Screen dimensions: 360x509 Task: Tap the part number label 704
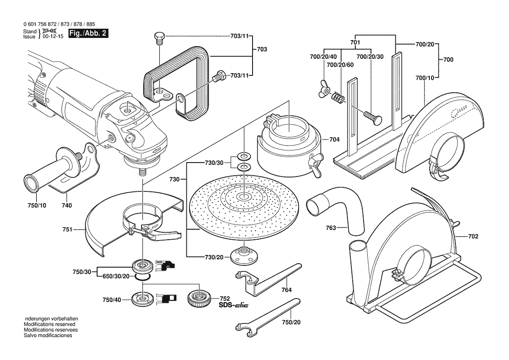pyautogui.click(x=334, y=140)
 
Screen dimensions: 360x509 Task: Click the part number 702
pyautogui.click(x=473, y=237)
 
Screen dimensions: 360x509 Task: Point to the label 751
pyautogui.click(x=67, y=228)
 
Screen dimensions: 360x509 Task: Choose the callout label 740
pyautogui.click(x=67, y=205)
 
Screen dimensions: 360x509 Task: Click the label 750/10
pyautogui.click(x=37, y=205)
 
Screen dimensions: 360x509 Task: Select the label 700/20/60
pyautogui.click(x=340, y=65)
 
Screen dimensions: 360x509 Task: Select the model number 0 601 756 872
pyautogui.click(x=42, y=24)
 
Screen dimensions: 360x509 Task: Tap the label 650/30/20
pyautogui.click(x=116, y=276)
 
